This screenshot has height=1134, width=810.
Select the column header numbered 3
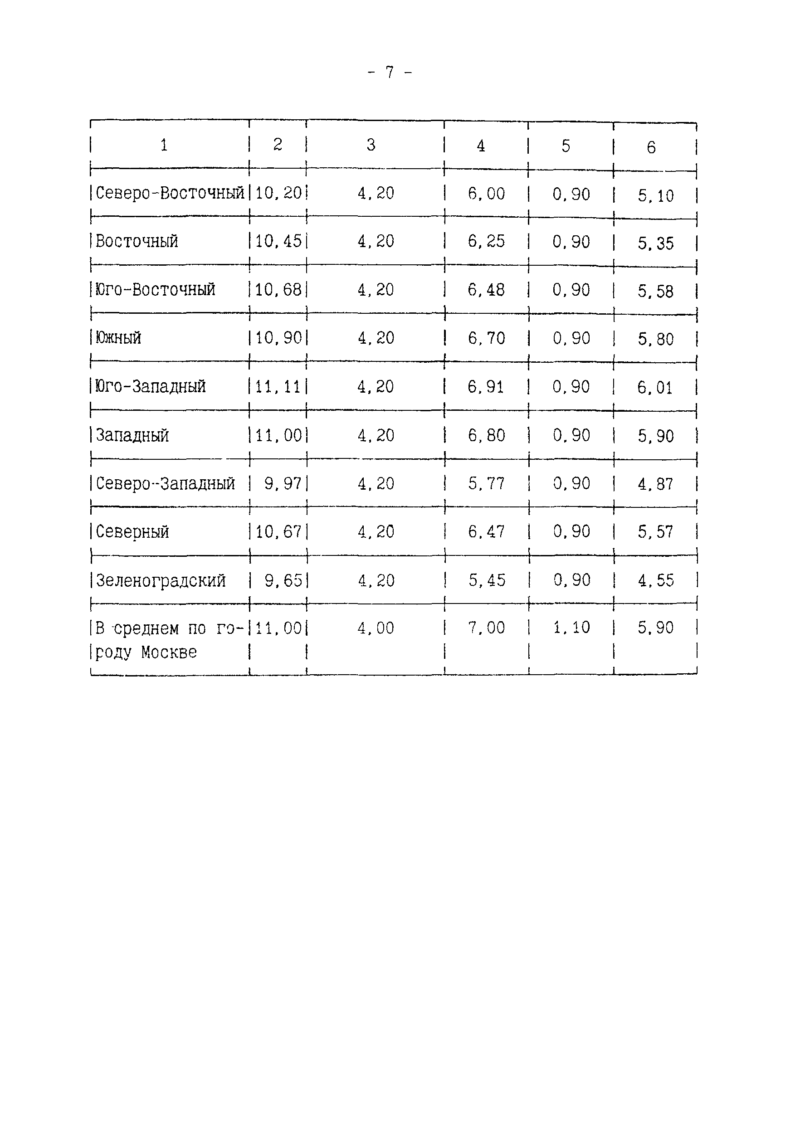[x=371, y=145]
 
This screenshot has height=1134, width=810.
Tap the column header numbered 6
[x=651, y=147]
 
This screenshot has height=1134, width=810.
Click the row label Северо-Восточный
[x=170, y=193]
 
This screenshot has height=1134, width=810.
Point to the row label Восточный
[x=137, y=241]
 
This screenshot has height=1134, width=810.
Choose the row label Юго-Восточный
[x=155, y=290]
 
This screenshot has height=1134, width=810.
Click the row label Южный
[x=118, y=338]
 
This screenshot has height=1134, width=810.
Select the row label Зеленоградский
[x=161, y=580]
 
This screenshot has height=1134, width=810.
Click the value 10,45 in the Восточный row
[x=278, y=241]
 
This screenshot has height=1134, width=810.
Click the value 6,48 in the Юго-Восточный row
[x=486, y=290]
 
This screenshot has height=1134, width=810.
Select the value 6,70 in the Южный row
[x=486, y=339]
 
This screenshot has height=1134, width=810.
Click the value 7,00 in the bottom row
[x=486, y=628]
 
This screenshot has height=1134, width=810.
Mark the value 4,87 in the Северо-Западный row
[x=655, y=484]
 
